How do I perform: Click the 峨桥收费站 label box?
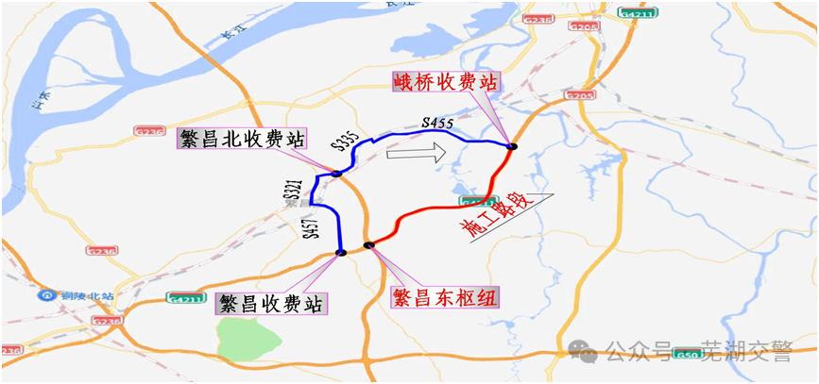pos(446,82)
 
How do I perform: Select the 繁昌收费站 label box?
pos(271,303)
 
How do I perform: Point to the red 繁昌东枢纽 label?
pos(445,298)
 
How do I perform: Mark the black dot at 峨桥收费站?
pos(512,146)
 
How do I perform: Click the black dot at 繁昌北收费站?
pos(336,173)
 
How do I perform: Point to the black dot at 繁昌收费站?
pos(339,252)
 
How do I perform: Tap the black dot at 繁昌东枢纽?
pos(369,246)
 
